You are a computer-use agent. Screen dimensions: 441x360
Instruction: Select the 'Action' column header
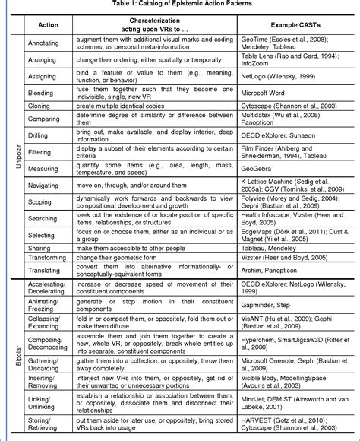click(x=48, y=25)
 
